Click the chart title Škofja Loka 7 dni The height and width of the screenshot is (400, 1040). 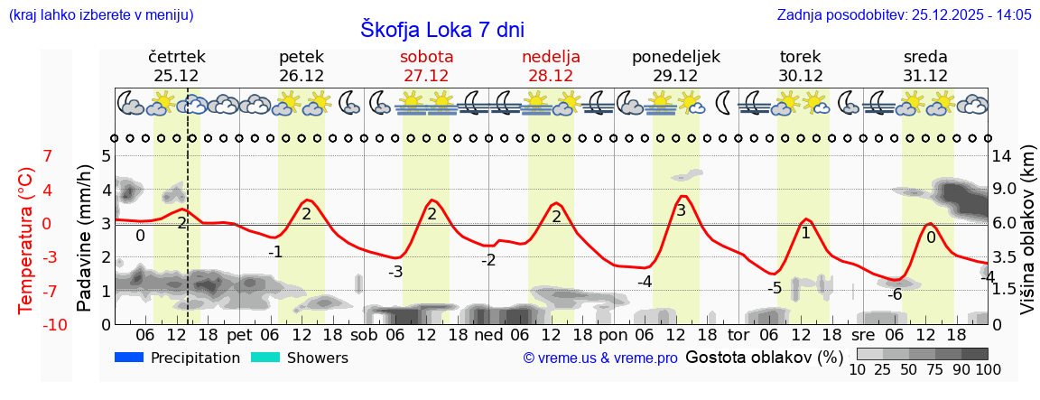click(x=441, y=29)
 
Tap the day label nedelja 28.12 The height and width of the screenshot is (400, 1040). click(x=551, y=66)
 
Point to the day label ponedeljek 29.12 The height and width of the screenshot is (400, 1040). click(x=675, y=66)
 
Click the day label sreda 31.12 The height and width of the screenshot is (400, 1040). click(x=925, y=66)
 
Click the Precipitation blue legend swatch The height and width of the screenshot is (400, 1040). click(x=129, y=358)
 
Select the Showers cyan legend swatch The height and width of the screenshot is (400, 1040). click(x=265, y=358)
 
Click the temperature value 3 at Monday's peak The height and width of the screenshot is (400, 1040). click(x=681, y=210)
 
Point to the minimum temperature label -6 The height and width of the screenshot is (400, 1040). click(x=895, y=294)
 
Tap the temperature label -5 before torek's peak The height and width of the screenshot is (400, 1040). click(x=774, y=288)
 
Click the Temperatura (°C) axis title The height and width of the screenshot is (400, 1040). click(x=27, y=240)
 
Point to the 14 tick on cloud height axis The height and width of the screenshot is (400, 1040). click(x=1002, y=155)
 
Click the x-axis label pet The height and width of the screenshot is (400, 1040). click(x=239, y=335)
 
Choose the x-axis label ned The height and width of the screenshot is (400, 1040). click(x=488, y=335)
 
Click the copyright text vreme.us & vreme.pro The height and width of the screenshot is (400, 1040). click(x=600, y=358)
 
